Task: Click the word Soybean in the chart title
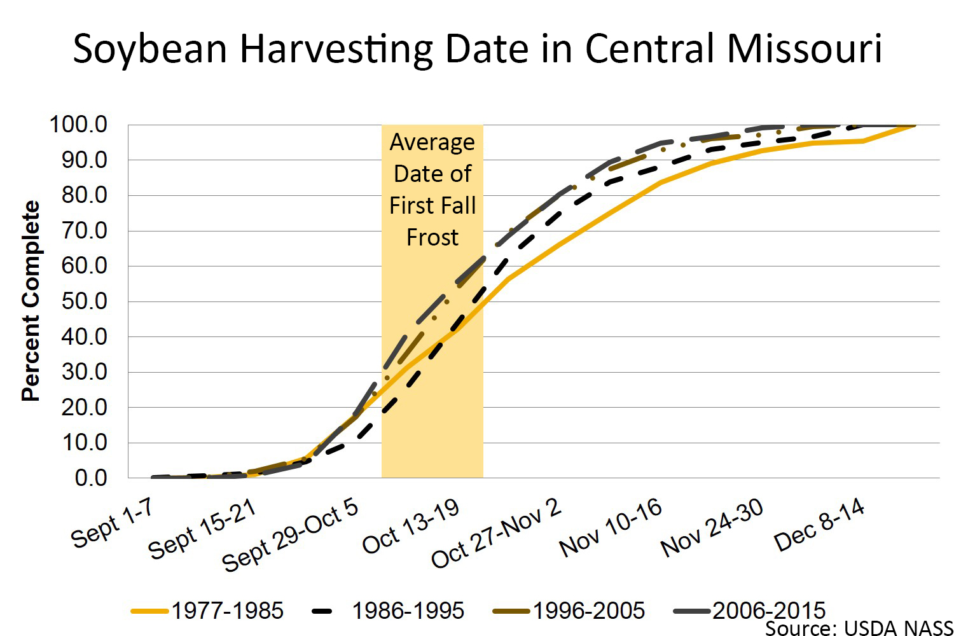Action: pyautogui.click(x=150, y=50)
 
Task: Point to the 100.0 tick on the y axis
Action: pyautogui.click(x=78, y=125)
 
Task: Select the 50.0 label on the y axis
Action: pyautogui.click(x=84, y=301)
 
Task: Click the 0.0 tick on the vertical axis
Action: pyautogui.click(x=91, y=478)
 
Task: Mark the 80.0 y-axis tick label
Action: pyautogui.click(x=84, y=195)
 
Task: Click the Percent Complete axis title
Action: pyautogui.click(x=31, y=301)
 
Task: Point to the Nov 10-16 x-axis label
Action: pyautogui.click(x=611, y=527)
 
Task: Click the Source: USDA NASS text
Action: pyautogui.click(x=859, y=628)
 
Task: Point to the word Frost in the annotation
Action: pyautogui.click(x=432, y=238)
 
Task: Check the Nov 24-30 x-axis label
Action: pyautogui.click(x=712, y=527)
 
